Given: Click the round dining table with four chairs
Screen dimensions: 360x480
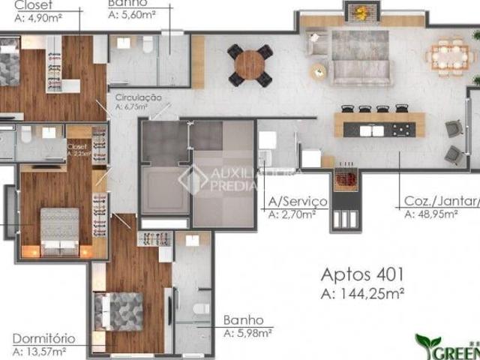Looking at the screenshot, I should click(250, 64).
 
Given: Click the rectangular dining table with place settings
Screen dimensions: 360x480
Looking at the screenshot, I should click(448, 56).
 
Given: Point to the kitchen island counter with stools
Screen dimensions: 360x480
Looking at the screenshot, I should click(379, 125).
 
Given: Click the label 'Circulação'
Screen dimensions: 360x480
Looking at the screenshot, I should click(139, 97).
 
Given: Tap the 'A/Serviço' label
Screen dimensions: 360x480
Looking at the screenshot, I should click(297, 202).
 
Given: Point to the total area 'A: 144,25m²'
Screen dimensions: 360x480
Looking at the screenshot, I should click(362, 292).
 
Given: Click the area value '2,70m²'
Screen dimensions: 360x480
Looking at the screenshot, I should click(297, 214).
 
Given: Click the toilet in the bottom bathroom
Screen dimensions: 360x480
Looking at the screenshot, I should click(200, 309).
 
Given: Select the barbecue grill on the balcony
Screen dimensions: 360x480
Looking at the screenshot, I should click(346, 180).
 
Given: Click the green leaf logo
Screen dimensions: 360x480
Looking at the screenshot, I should click(427, 344).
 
